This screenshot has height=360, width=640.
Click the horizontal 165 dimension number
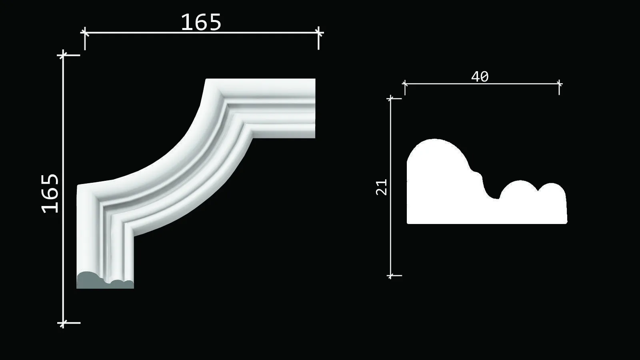201,22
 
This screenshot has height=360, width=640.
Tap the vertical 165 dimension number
50,194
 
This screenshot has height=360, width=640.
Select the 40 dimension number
480,76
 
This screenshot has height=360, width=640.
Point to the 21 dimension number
382,187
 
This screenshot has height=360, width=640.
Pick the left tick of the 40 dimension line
405,84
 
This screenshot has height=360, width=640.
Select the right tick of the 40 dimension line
559,84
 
